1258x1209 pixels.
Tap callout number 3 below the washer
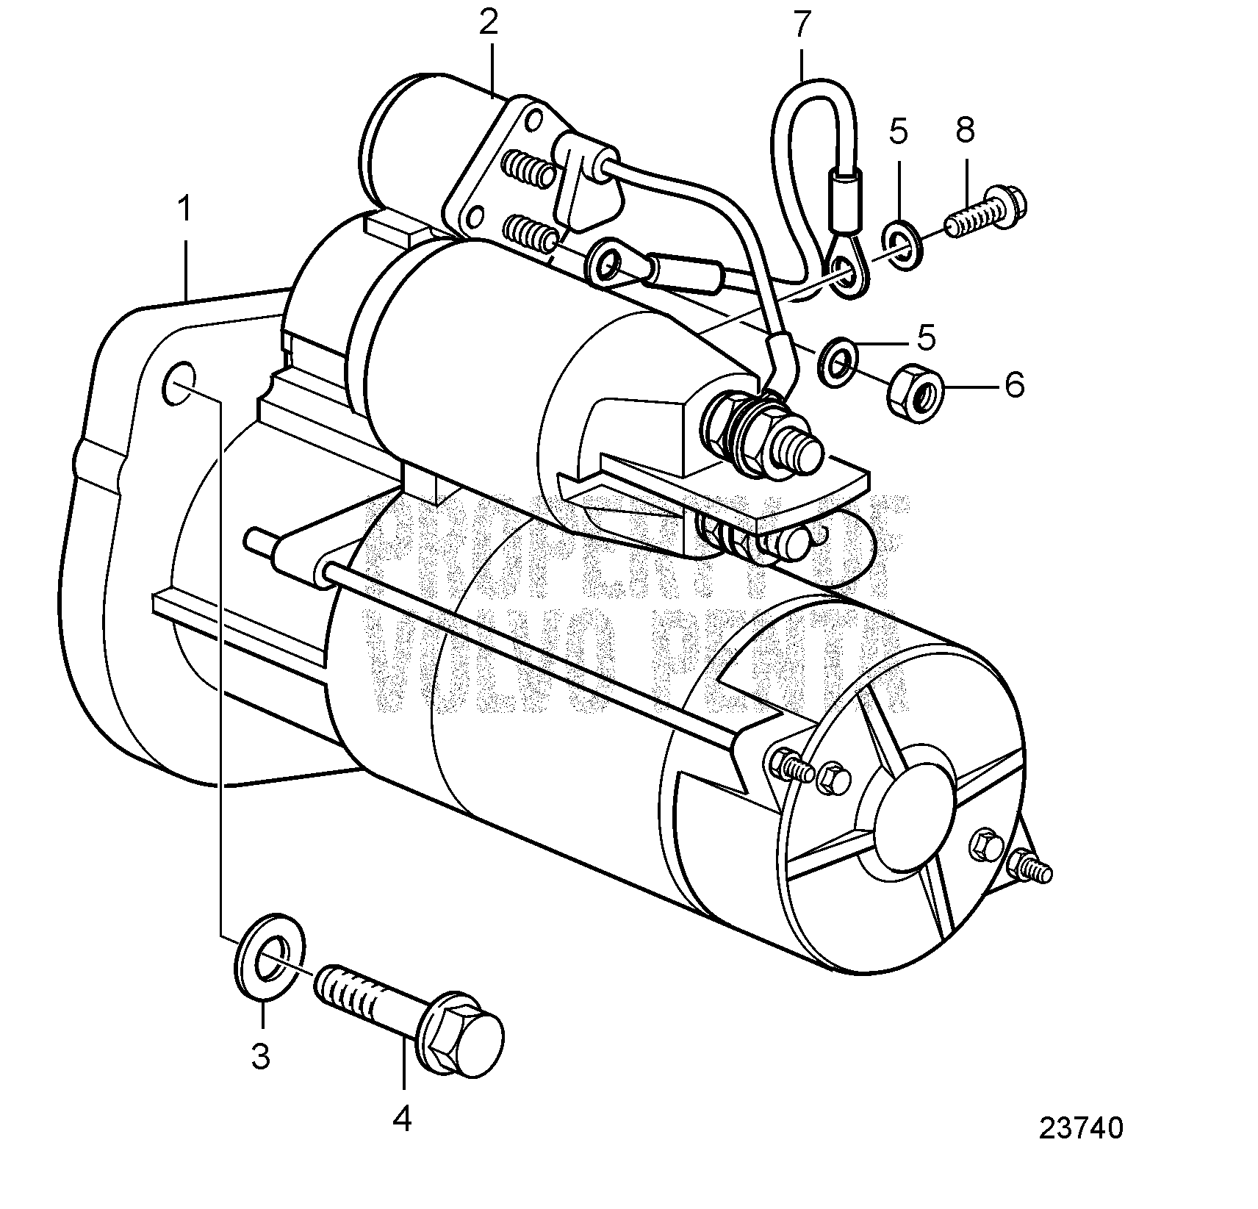coord(261,1056)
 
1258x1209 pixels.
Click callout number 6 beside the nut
coord(1014,384)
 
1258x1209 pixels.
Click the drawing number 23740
coord(1081,1148)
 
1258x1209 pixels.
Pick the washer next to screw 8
coord(903,243)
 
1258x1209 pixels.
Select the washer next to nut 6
coord(838,361)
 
